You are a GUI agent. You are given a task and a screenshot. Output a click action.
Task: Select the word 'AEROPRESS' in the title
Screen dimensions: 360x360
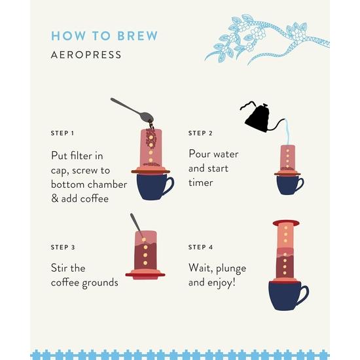[x=86, y=55]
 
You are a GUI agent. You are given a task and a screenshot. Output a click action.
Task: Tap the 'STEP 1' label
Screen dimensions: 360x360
[x=62, y=133]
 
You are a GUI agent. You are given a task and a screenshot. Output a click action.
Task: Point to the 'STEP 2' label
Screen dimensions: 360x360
[x=200, y=133]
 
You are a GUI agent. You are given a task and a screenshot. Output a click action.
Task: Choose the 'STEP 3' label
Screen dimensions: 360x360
[x=62, y=247]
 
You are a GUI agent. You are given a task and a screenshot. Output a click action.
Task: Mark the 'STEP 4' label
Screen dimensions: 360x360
[x=200, y=247]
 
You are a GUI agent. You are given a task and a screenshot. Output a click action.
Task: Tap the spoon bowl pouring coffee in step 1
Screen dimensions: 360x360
[x=145, y=115]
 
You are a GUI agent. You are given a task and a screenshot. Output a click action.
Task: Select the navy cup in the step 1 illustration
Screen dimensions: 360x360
[x=151, y=187]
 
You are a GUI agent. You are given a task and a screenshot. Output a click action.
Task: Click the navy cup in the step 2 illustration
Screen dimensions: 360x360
[x=287, y=185]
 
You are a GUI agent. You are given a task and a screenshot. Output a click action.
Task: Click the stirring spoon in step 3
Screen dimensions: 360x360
[x=137, y=225]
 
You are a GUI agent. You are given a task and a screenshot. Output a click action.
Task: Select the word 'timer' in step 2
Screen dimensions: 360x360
[x=201, y=183]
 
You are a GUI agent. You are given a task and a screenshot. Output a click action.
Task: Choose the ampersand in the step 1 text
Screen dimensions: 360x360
[x=55, y=198]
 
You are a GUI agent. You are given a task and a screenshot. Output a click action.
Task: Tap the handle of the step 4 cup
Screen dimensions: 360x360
[x=302, y=293]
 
